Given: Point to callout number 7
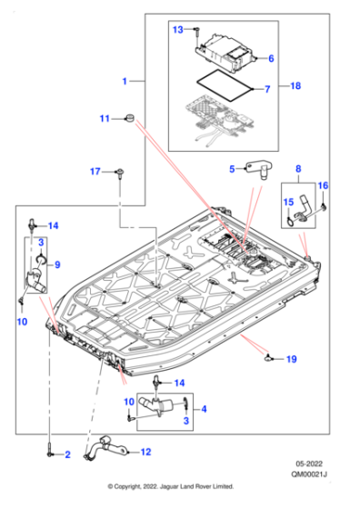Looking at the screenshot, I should [x=267, y=90].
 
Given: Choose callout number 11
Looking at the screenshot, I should [x=105, y=118].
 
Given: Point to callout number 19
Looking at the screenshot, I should [x=292, y=360].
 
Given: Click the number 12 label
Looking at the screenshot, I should [x=145, y=451].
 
